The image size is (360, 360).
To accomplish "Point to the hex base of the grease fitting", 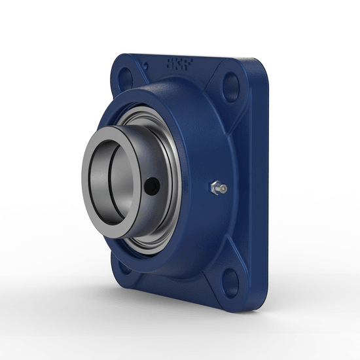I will point(214,189).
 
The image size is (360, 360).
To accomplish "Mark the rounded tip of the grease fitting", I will point(224,189).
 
